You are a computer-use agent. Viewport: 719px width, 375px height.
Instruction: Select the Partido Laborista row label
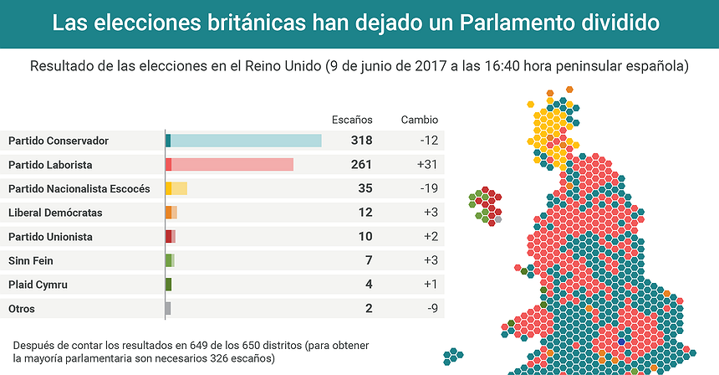click(x=50, y=165)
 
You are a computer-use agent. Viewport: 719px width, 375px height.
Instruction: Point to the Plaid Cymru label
click(x=38, y=285)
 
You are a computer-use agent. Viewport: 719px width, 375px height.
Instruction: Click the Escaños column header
click(x=352, y=120)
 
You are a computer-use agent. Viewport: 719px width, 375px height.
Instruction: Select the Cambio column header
click(x=419, y=120)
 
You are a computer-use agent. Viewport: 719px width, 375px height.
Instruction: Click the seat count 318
click(x=362, y=141)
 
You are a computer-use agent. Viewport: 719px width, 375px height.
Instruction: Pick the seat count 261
click(x=362, y=165)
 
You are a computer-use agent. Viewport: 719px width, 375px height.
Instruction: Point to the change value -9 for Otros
click(x=431, y=309)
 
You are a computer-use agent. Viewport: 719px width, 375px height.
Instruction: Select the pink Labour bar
click(x=232, y=165)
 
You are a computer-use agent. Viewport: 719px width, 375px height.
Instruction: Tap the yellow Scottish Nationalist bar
click(x=179, y=189)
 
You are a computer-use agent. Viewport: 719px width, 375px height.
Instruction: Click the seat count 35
click(x=365, y=189)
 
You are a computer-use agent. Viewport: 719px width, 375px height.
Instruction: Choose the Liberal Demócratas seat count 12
click(x=365, y=213)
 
